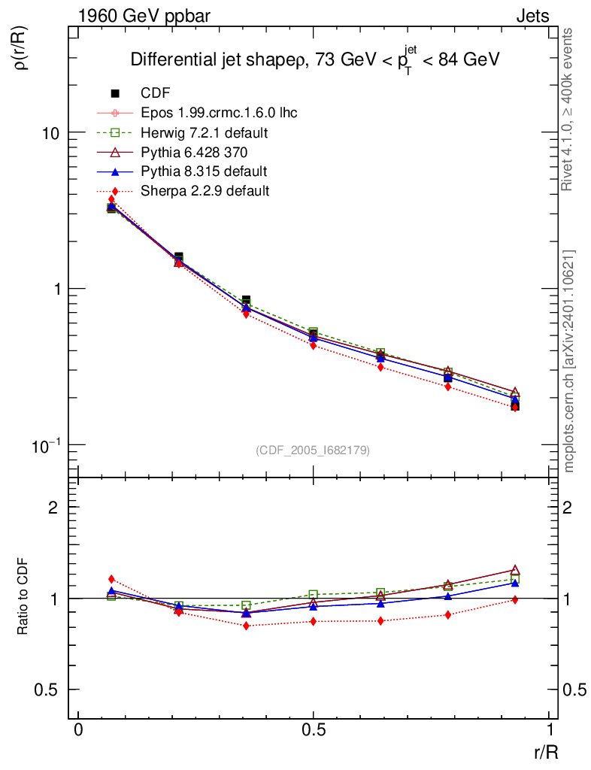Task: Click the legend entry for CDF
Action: [x=156, y=93]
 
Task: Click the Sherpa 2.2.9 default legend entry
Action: [x=205, y=191]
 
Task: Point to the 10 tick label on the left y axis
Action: [x=49, y=132]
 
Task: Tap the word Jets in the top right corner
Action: [x=532, y=16]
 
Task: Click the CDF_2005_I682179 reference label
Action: [x=313, y=450]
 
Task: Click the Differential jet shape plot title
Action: [x=315, y=60]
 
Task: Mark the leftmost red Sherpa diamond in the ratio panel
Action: [x=111, y=579]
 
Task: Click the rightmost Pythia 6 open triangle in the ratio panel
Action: [x=515, y=570]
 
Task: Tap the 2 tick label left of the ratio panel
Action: [x=53, y=507]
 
